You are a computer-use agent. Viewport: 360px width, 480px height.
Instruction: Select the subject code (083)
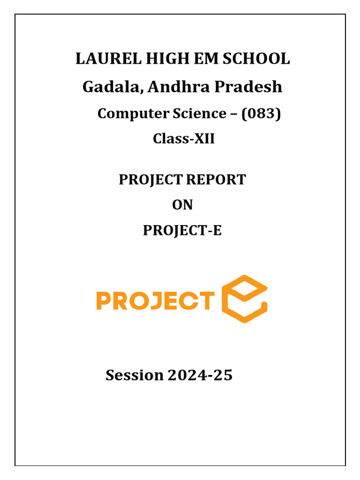(x=261, y=113)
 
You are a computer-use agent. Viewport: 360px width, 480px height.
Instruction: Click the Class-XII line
(x=184, y=139)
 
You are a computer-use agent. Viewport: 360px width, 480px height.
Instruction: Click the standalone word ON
(x=182, y=205)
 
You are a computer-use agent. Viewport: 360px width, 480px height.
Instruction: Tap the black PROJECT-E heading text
(x=182, y=231)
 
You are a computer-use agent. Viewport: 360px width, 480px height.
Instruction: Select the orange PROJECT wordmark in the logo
(x=155, y=301)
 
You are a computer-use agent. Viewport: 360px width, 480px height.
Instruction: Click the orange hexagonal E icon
(x=244, y=299)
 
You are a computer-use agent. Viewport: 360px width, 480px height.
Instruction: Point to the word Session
(x=135, y=375)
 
